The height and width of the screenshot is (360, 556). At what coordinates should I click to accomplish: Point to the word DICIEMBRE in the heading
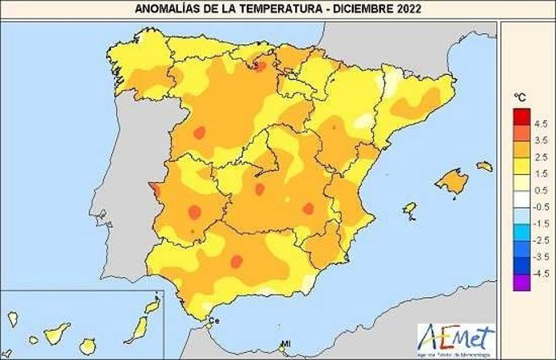359,9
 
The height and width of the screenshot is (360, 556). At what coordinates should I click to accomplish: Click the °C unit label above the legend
521,97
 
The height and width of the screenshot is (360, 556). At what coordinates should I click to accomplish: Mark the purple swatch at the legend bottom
520,281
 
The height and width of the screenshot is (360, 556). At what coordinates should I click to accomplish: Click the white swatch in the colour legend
520,198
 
